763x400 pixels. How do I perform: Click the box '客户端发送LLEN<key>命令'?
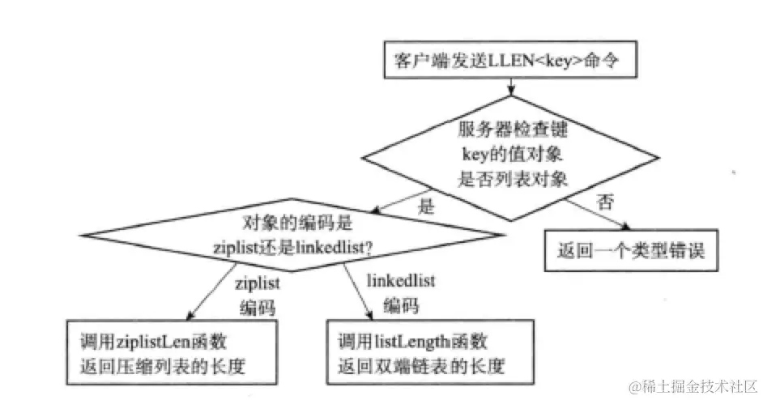(509, 61)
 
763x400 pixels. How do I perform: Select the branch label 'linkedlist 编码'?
(401, 292)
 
